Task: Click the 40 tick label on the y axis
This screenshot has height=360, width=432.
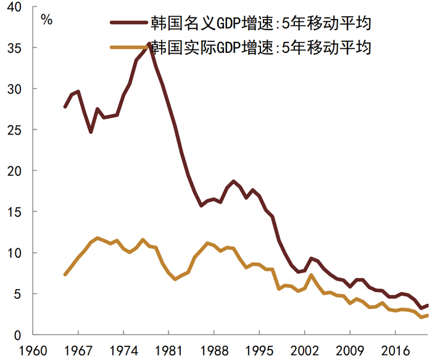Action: tap(13, 7)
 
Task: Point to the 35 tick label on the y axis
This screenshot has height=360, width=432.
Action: tap(13, 48)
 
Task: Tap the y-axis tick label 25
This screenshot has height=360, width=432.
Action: tap(13, 130)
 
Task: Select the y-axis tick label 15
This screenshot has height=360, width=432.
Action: tap(13, 212)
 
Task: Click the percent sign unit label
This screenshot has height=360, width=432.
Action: tap(47, 17)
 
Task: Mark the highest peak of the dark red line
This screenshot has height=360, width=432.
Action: tap(149, 44)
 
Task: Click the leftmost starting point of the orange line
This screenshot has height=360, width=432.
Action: tap(65, 274)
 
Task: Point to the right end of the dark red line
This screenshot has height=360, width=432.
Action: tap(428, 305)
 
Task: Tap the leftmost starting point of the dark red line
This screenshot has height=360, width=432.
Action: tap(65, 107)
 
